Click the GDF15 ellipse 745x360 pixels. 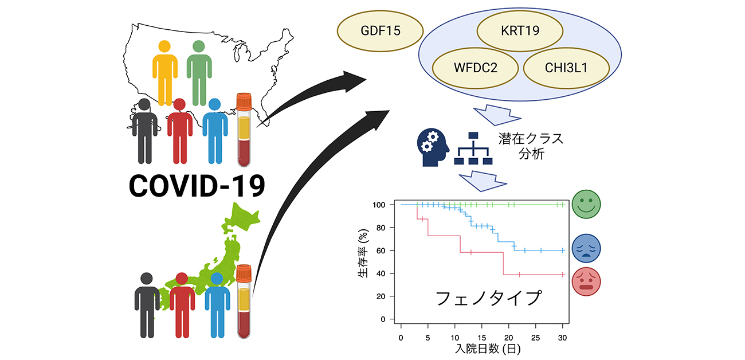[380, 31]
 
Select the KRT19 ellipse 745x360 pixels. [520, 31]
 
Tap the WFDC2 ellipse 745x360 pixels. [475, 68]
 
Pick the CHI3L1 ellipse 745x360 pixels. [566, 68]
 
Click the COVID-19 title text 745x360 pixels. [197, 186]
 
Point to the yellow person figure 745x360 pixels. [164, 73]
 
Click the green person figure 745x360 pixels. [199, 73]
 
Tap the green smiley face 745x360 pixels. [586, 204]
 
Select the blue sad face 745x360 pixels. [586, 248]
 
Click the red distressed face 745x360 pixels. [586, 281]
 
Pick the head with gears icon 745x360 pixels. [433, 147]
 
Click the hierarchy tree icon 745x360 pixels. [473, 148]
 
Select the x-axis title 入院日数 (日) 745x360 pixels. [488, 349]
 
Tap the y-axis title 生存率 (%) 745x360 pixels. [363, 253]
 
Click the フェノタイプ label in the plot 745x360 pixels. [488, 298]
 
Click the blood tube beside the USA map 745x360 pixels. [244, 130]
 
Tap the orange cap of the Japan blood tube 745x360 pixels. [244, 273]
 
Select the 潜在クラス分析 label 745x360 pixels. [531, 146]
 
